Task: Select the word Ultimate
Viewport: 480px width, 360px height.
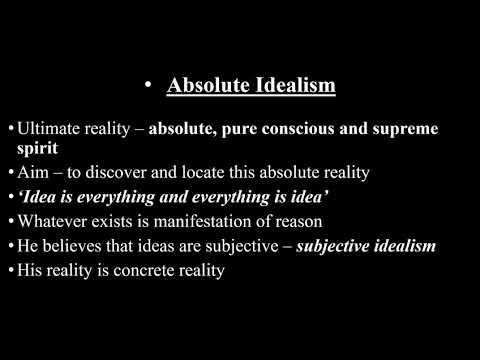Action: pyautogui.click(x=49, y=130)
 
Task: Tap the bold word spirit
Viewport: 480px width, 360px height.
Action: pyautogui.click(x=34, y=148)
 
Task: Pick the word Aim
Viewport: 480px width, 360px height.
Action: pyautogui.click(x=31, y=172)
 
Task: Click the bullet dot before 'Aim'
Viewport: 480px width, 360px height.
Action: pyautogui.click(x=10, y=172)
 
